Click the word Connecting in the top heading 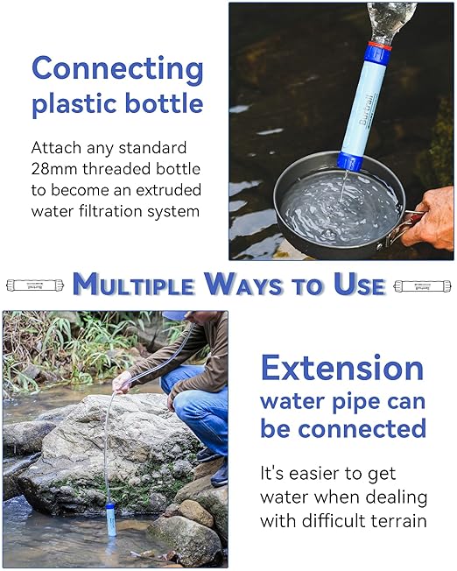click(117, 69)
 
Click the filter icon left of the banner click(35, 285)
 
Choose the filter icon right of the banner click(423, 285)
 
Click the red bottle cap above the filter click(377, 46)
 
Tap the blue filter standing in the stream click(111, 518)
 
